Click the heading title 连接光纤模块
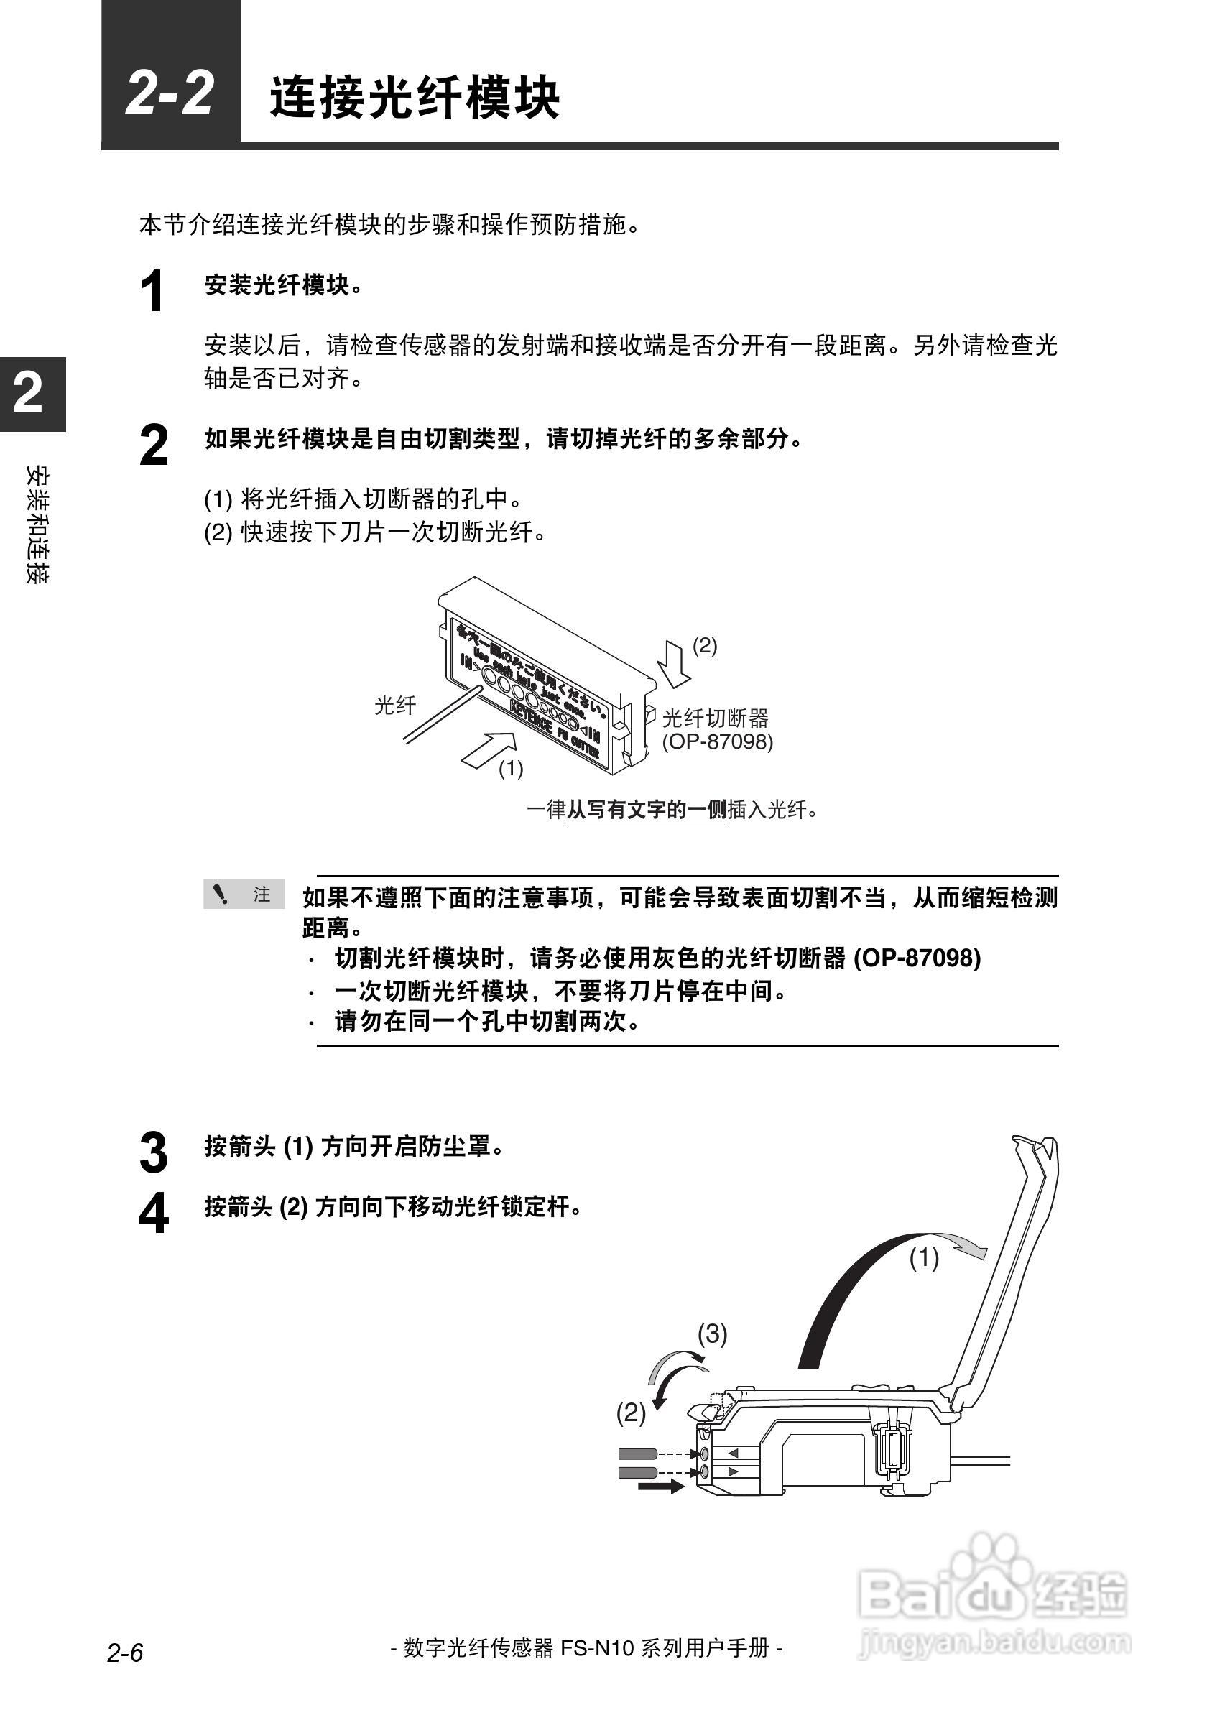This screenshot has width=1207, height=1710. pyautogui.click(x=414, y=98)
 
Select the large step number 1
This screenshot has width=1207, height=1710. pyautogui.click(x=152, y=292)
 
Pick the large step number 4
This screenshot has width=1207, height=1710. pyautogui.click(x=153, y=1214)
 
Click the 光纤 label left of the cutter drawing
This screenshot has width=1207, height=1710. pyautogui.click(x=394, y=706)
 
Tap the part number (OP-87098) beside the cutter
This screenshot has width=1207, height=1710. pyautogui.click(x=718, y=741)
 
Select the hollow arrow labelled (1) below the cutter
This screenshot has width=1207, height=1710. pyautogui.click(x=489, y=748)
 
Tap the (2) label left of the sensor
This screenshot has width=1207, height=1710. pyautogui.click(x=631, y=1413)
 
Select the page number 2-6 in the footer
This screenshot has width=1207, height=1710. pyautogui.click(x=124, y=1653)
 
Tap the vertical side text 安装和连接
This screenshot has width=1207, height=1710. pyautogui.click(x=37, y=524)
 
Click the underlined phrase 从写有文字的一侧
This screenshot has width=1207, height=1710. pyautogui.click(x=646, y=810)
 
